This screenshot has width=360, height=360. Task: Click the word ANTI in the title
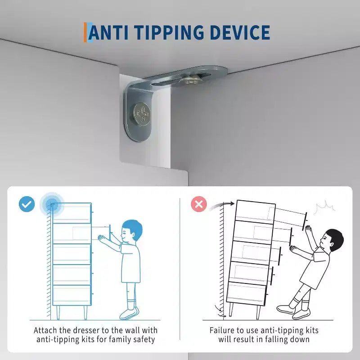pyautogui.click(x=108, y=32)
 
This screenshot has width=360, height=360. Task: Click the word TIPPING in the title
pyautogui.click(x=169, y=32)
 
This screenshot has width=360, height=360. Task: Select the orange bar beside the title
pyautogui.click(x=85, y=32)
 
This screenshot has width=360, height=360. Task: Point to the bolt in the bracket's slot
pyautogui.click(x=191, y=80)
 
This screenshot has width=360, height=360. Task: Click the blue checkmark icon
pyautogui.click(x=27, y=204)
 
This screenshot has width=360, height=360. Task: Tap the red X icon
pyautogui.click(x=199, y=204)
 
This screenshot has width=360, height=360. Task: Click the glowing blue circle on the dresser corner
pyautogui.click(x=52, y=204)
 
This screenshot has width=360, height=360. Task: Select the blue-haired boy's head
pyautogui.click(x=132, y=230)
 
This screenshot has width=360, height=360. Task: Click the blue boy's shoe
pyautogui.click(x=129, y=313)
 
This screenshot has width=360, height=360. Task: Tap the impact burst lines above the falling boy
pyautogui.click(x=324, y=207)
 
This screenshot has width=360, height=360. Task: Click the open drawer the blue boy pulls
pyautogui.click(x=92, y=234)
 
